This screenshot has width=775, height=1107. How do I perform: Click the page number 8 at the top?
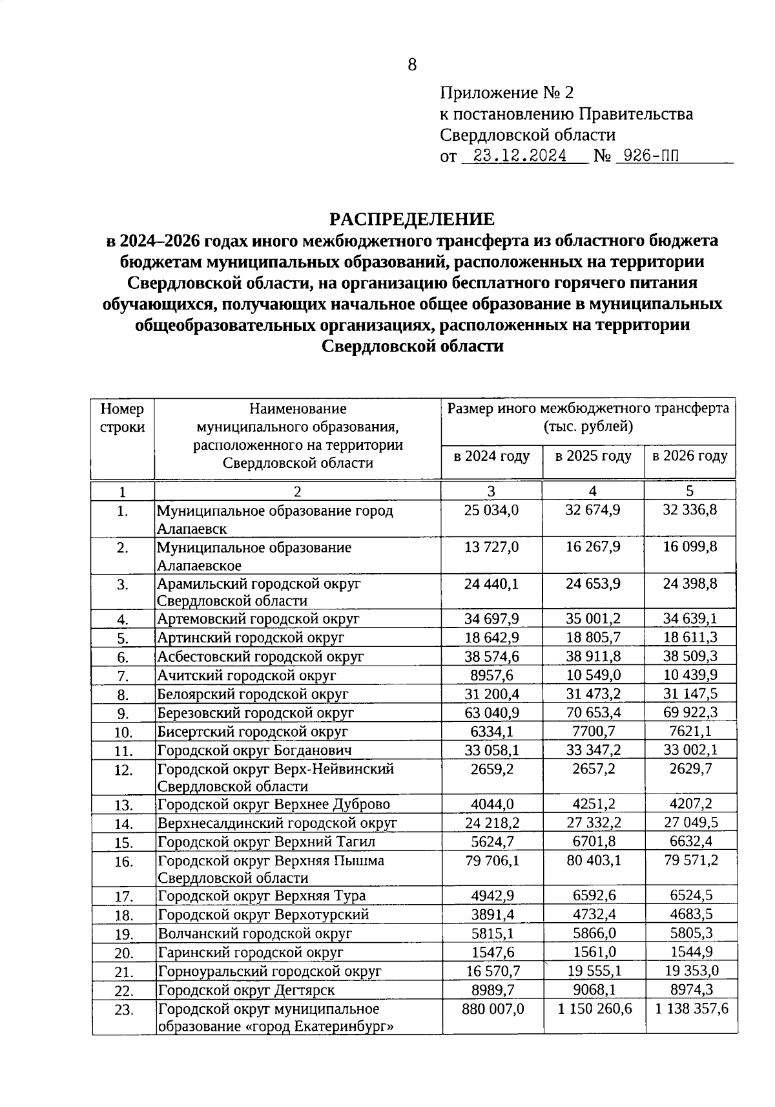click(x=412, y=65)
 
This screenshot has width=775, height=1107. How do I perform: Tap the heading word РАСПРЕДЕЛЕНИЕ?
click(x=412, y=219)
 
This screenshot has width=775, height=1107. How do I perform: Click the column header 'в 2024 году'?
click(x=491, y=456)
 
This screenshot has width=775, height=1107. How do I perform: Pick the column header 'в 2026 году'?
click(x=690, y=456)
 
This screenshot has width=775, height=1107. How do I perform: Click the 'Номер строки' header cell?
click(x=123, y=418)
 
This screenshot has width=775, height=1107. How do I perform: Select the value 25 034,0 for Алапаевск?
click(x=491, y=511)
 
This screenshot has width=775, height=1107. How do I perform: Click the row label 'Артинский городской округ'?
click(x=251, y=638)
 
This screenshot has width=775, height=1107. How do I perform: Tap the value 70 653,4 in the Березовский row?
click(x=593, y=713)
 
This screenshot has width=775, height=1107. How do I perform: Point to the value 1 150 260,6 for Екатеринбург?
click(x=595, y=1009)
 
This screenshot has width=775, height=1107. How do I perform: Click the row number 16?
click(x=123, y=862)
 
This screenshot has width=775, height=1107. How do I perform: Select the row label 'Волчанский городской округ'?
click(x=254, y=934)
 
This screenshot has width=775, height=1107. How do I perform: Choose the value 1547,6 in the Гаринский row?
click(x=491, y=952)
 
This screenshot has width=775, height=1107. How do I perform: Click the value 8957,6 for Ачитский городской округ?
click(x=491, y=675)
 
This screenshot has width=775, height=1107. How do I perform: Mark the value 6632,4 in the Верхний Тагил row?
click(x=690, y=841)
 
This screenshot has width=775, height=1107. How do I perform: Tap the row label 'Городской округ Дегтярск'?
click(x=247, y=990)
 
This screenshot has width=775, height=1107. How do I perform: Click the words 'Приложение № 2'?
click(x=506, y=93)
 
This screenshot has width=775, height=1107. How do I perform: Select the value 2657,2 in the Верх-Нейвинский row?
click(x=593, y=769)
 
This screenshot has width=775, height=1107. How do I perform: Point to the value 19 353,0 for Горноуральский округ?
click(x=690, y=971)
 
